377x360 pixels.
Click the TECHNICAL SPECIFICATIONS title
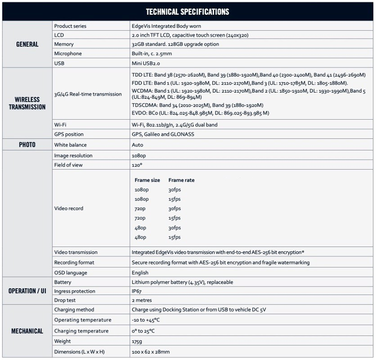pos(188,11)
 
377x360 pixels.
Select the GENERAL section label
pos(27,44)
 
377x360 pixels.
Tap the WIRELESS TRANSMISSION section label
pos(27,103)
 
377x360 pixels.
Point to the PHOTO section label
pos(27,145)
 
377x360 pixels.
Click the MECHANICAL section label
pos(27,331)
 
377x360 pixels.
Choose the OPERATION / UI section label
pos(27,291)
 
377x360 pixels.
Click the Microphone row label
pos(68,54)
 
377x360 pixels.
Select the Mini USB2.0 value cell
pos(146,63)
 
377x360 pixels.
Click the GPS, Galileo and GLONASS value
pos(162,134)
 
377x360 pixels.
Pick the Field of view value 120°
pos(137,165)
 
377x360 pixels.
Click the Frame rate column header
pos(181,180)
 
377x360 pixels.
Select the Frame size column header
pos(147,180)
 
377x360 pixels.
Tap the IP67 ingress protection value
pos(137,291)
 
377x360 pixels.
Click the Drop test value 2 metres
pos(141,300)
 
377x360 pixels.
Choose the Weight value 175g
pos(137,341)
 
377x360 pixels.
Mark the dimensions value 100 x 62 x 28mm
pos(151,352)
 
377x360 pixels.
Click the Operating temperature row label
pos(83,320)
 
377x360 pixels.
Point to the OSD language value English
pos(140,273)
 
